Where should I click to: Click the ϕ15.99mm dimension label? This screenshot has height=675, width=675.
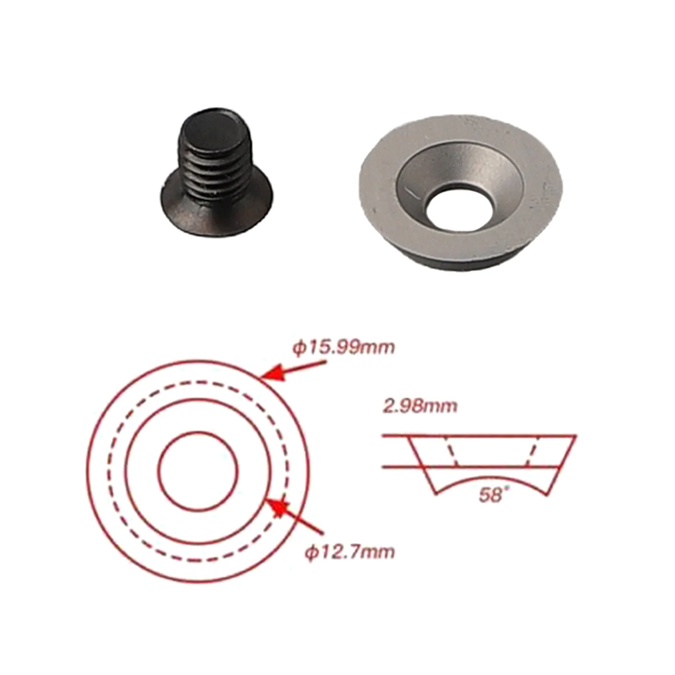[343, 348]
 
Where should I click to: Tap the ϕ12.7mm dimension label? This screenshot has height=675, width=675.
[350, 552]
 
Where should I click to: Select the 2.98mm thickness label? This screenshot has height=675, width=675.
[420, 406]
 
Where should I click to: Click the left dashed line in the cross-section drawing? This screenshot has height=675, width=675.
[451, 451]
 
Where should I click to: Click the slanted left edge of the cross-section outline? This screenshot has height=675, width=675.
[422, 464]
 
